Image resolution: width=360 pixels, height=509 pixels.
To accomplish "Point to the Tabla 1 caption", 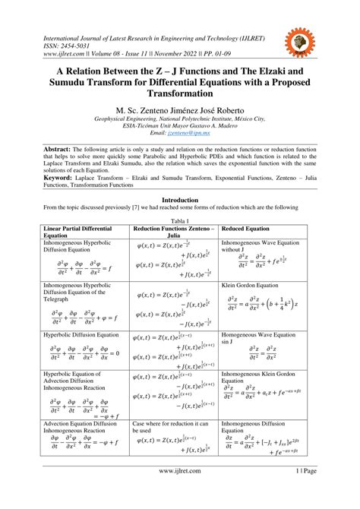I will tap(179, 219).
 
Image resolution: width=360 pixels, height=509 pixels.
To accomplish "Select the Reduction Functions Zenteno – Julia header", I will tap(174, 231).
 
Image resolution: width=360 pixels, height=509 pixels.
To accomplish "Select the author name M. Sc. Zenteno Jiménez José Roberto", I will tap(179, 109).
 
